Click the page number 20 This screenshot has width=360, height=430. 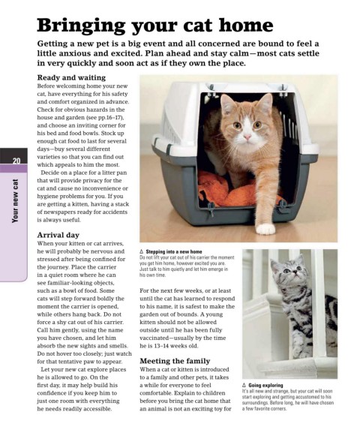pos(16,161)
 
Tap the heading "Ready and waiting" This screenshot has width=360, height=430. pos(71,78)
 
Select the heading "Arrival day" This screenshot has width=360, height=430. pos(58,235)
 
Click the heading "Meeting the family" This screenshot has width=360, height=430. pos(175,361)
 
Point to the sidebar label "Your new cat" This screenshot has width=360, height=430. pos(15,200)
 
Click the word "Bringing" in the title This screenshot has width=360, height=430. pos(81,26)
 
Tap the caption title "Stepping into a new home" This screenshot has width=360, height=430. pos(174,251)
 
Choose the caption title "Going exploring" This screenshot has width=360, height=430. pos(265,385)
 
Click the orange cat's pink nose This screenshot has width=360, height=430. pos(247,137)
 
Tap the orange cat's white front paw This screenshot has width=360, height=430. pos(265,229)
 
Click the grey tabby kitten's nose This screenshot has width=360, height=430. pos(294,272)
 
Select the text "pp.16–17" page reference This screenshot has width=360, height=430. pos(109,118)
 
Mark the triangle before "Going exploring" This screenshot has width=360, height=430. pos(244,385)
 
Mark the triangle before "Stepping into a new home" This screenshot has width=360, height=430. pos(141,251)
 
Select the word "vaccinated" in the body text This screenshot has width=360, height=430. pos(154,338)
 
